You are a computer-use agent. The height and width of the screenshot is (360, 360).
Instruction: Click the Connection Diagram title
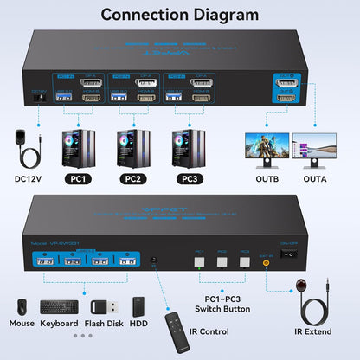[x=179, y=15]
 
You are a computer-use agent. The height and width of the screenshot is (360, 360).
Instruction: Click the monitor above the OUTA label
[x=319, y=150]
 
